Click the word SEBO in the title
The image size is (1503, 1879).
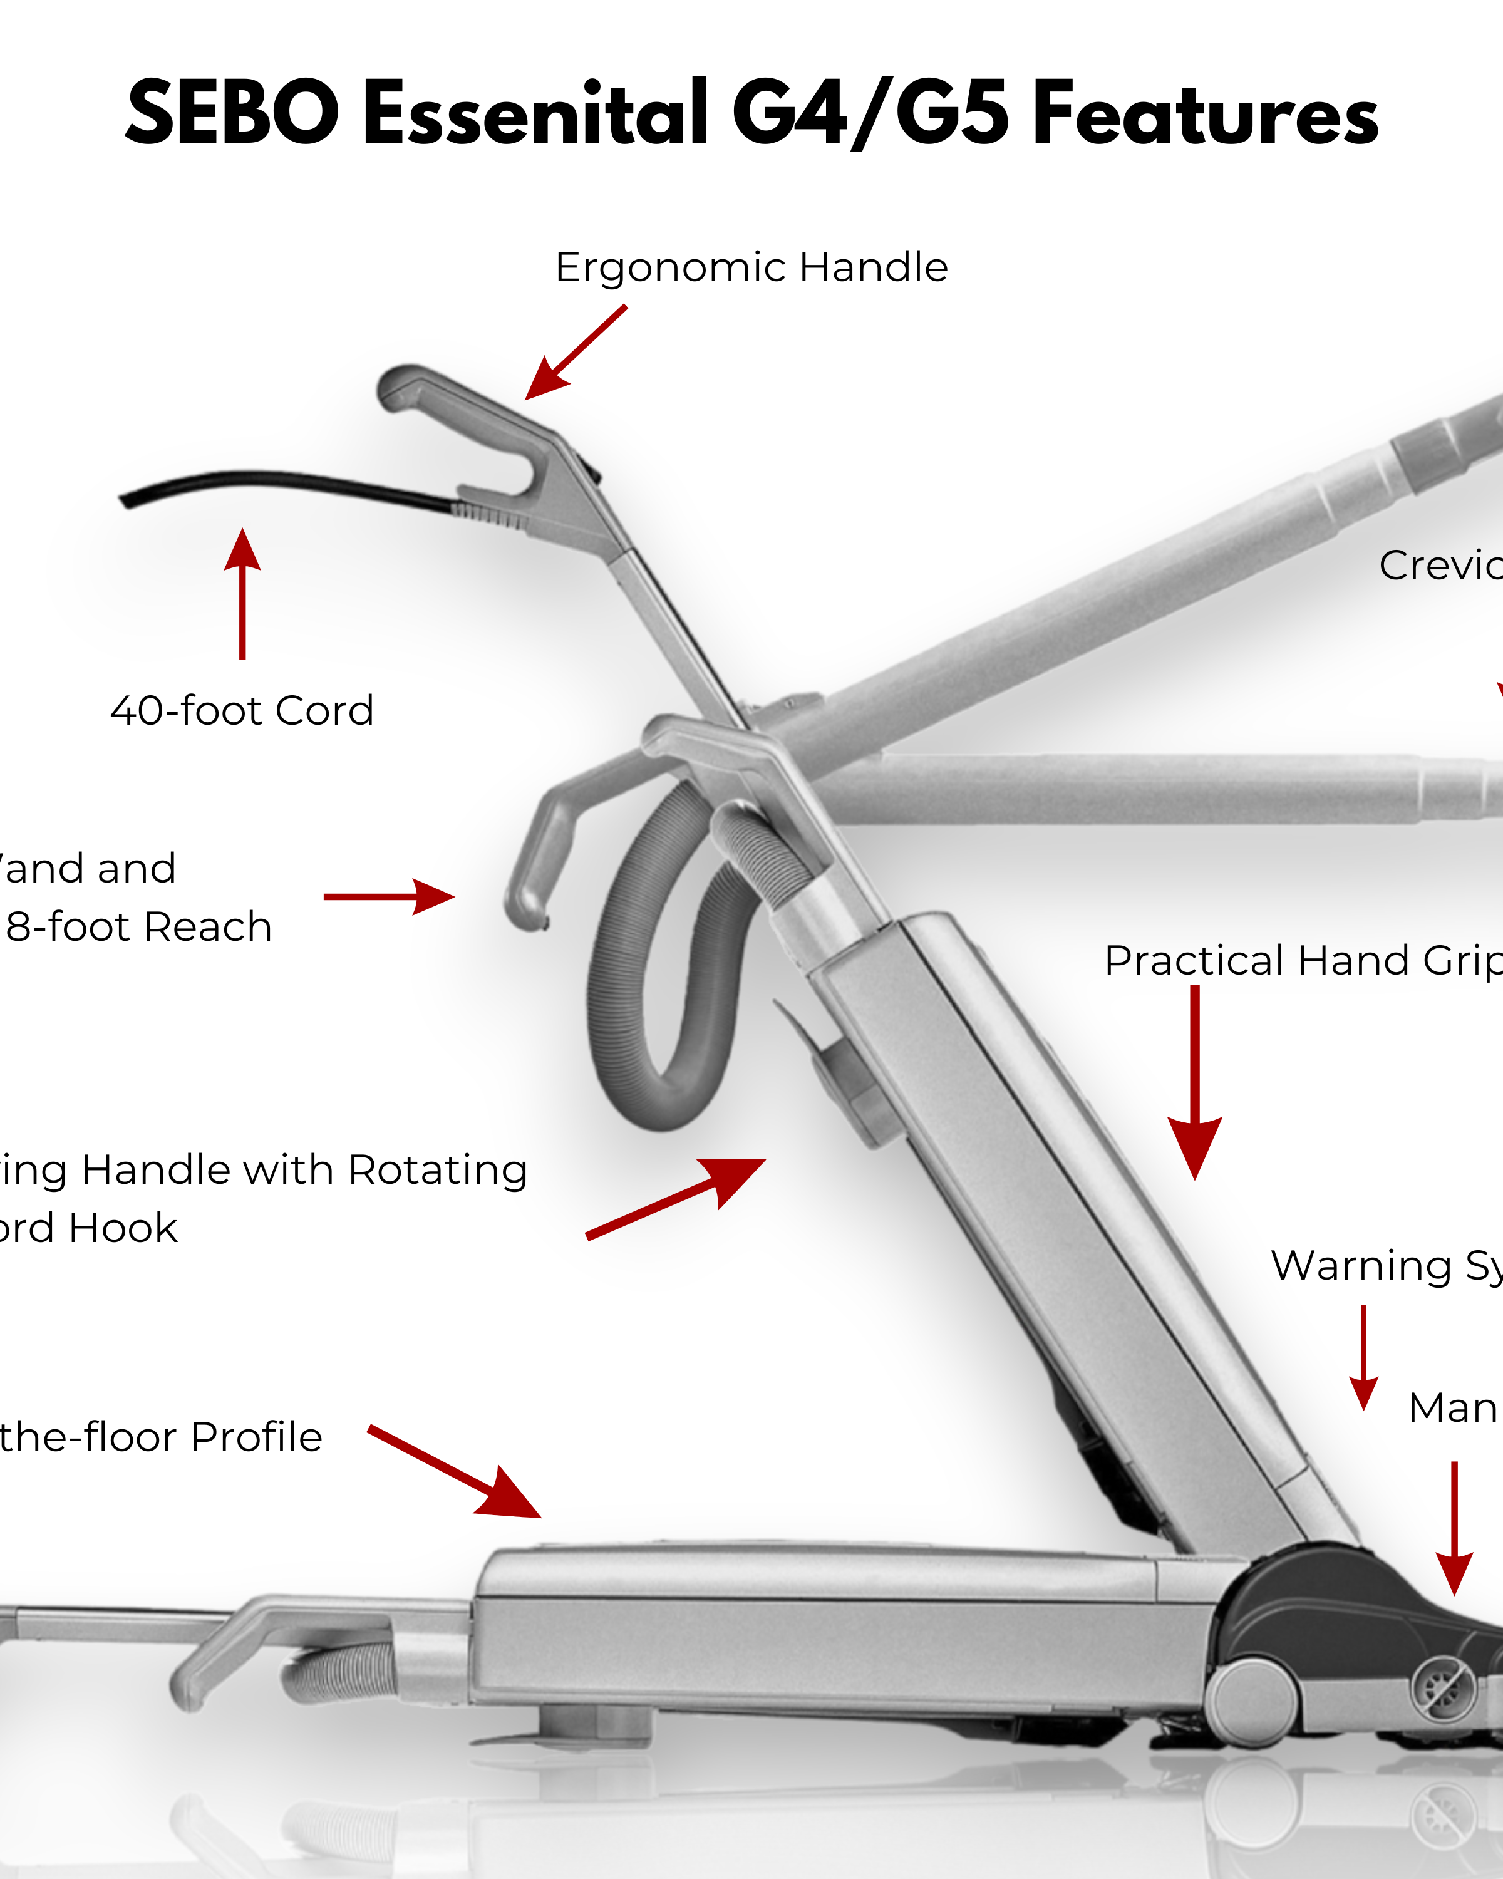(x=232, y=113)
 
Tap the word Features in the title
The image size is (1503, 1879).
(x=1204, y=113)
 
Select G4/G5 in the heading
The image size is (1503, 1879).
(x=870, y=113)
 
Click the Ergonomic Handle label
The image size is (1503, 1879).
(x=751, y=267)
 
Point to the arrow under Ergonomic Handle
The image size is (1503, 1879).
(x=575, y=353)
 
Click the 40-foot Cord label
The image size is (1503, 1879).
(x=242, y=711)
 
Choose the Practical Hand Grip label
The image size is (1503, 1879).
(x=1303, y=960)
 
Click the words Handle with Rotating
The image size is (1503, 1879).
(x=305, y=1171)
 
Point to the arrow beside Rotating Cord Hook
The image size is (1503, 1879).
(x=675, y=1198)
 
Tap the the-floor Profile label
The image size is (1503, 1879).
(x=161, y=1437)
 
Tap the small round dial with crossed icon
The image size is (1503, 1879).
(x=1442, y=1690)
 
